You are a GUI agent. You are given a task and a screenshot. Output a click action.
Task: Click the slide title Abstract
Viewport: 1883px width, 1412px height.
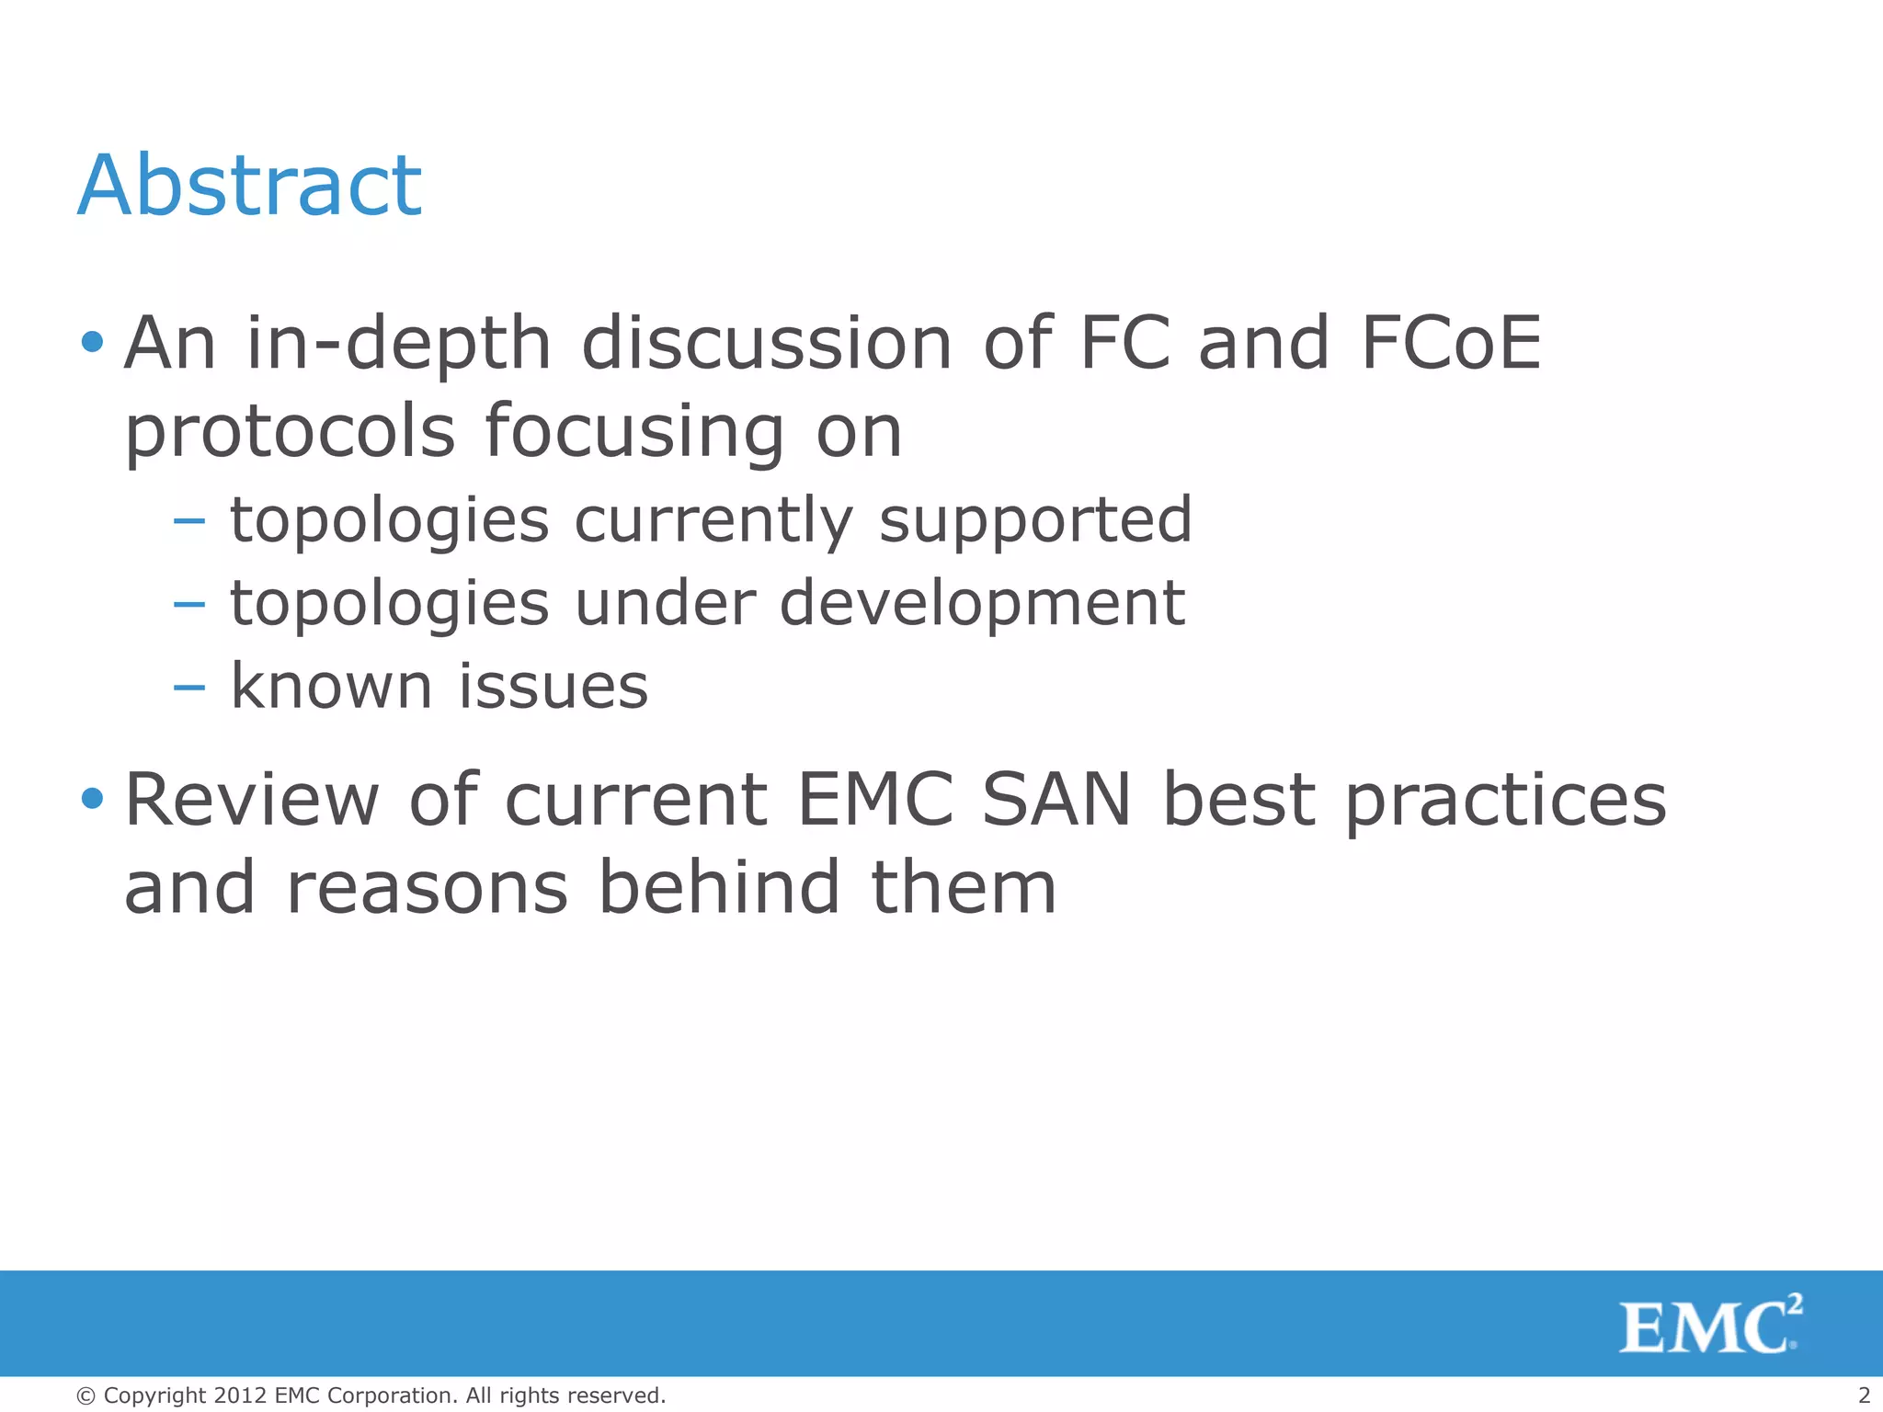tap(249, 186)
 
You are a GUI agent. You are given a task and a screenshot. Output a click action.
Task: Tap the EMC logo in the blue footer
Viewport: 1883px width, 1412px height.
tap(1709, 1325)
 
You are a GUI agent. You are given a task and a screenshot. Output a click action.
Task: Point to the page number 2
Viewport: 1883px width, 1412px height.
tap(1864, 1395)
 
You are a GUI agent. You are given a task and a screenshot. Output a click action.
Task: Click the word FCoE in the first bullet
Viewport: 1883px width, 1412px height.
tap(1450, 343)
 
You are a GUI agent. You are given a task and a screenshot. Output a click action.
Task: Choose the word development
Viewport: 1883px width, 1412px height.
tap(982, 605)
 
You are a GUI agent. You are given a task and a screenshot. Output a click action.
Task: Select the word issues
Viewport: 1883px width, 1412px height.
tap(553, 686)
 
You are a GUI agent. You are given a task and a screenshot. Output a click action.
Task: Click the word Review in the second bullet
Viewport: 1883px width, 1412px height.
tap(252, 800)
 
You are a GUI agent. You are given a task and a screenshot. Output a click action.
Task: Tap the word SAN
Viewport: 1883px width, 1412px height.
tap(1056, 800)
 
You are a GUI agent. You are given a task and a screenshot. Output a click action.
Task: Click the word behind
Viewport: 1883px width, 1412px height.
tap(719, 887)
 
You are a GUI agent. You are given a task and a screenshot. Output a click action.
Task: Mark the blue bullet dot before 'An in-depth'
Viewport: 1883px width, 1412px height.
tap(92, 343)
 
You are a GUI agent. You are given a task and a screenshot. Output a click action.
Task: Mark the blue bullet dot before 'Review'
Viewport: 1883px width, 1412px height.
tap(92, 798)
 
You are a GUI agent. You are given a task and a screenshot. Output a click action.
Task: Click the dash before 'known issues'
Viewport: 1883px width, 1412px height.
tap(188, 688)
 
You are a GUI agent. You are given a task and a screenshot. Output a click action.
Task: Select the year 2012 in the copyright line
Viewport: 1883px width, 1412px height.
tap(240, 1395)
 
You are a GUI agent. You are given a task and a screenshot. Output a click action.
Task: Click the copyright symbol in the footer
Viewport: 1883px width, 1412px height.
tap(86, 1396)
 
